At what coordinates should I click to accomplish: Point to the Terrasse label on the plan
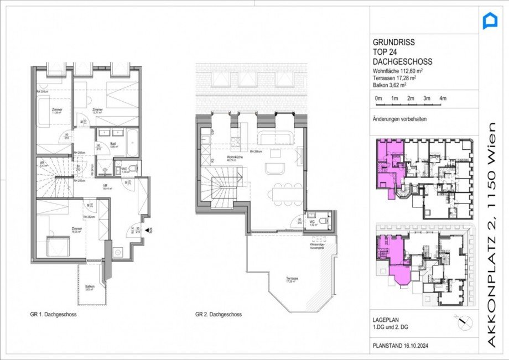[x=293, y=280]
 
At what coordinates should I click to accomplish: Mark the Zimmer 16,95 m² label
[x=76, y=229]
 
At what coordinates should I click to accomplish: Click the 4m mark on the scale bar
[x=442, y=98]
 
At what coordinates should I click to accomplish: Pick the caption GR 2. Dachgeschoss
[x=219, y=315]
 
